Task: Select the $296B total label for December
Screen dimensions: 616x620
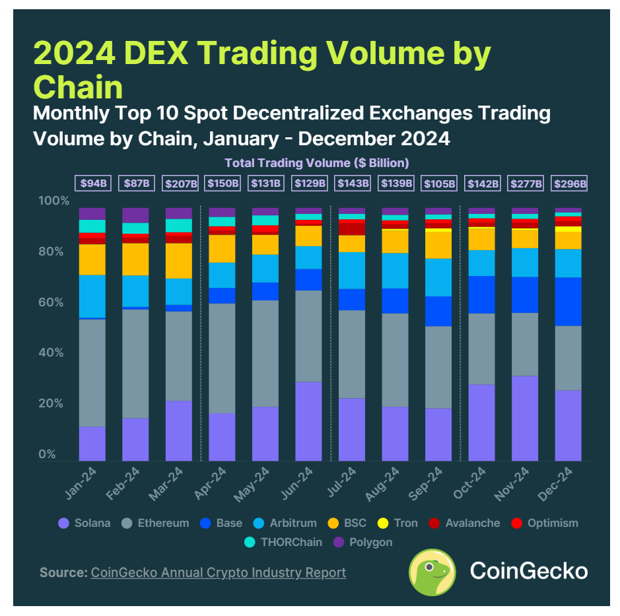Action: (568, 184)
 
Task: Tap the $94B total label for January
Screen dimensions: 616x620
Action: (92, 184)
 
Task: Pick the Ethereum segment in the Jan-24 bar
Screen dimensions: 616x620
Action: (92, 373)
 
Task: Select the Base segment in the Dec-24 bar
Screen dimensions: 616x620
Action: (568, 301)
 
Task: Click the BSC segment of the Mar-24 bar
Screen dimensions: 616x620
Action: (179, 261)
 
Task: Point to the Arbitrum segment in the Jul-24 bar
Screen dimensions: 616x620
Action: (352, 270)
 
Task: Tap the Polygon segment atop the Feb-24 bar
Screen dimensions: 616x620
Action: (135, 215)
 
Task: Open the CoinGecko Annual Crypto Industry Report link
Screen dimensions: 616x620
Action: (218, 572)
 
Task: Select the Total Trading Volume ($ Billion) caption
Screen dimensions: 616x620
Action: (316, 162)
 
